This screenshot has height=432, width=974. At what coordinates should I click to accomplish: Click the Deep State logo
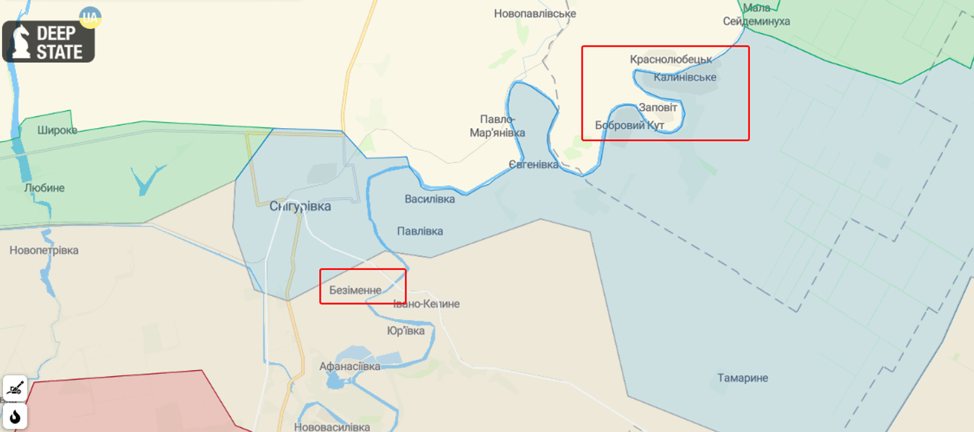click(48, 42)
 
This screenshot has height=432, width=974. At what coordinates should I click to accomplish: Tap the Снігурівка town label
click(300, 206)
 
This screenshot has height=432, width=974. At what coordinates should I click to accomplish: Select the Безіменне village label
click(355, 290)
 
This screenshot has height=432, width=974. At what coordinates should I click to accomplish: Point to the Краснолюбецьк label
click(671, 59)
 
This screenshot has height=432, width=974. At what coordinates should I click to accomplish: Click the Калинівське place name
click(685, 77)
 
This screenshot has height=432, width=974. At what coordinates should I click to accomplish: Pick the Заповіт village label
click(658, 107)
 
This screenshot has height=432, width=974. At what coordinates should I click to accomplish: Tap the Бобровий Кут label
click(630, 125)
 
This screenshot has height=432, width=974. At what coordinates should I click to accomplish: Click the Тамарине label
click(743, 378)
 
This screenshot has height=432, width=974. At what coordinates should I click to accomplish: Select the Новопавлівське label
click(535, 14)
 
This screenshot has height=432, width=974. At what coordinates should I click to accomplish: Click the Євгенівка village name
click(533, 165)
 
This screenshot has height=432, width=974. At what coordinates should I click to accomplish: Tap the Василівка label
click(429, 199)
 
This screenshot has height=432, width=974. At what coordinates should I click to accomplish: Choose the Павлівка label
click(420, 231)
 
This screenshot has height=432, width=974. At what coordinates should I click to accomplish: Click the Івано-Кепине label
click(426, 304)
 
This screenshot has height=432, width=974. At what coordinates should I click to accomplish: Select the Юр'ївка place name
click(406, 330)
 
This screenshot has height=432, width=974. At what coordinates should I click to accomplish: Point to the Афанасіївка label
click(349, 366)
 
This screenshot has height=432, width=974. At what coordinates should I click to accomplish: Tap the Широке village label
click(58, 130)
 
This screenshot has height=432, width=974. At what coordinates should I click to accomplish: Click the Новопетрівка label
click(44, 251)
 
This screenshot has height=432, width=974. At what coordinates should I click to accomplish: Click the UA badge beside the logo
click(90, 17)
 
